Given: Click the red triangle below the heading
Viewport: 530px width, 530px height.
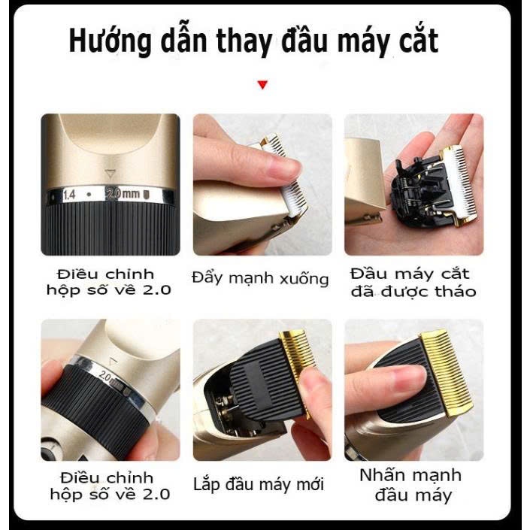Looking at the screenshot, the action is click(262, 84).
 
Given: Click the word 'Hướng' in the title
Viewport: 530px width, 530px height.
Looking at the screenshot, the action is click(110, 41).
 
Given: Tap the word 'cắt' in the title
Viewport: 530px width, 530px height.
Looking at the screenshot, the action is click(419, 41).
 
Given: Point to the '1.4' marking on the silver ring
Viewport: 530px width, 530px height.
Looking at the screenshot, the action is click(70, 195).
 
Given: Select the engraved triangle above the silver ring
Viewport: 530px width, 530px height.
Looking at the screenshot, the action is click(110, 174).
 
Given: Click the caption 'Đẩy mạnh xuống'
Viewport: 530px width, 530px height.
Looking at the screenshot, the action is click(260, 279).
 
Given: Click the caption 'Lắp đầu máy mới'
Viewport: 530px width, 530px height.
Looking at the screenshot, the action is click(259, 484).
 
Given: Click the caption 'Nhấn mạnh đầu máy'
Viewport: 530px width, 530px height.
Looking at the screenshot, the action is click(411, 485).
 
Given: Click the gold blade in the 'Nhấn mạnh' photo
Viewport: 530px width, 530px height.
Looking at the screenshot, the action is click(446, 371).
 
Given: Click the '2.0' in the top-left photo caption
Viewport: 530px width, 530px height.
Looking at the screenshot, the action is click(156, 289).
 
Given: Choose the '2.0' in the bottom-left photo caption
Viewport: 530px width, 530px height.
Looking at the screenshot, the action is click(156, 494).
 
